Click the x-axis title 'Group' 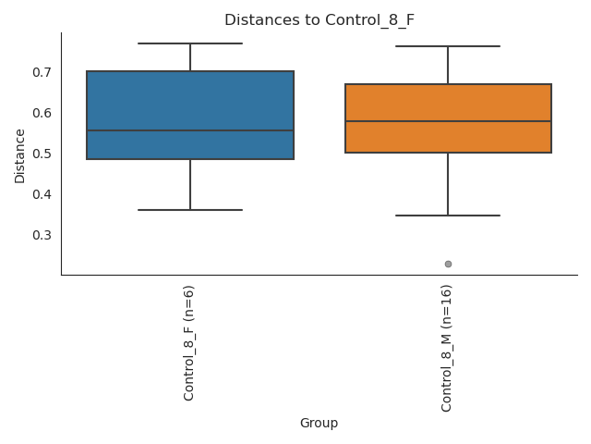click(319, 424)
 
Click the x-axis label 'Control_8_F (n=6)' click(189, 343)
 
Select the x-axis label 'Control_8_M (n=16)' click(447, 348)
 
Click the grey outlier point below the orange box click(448, 264)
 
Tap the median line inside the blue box click(190, 130)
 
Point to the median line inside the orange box click(448, 121)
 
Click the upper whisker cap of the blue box click(190, 43)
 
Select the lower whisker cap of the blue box click(190, 210)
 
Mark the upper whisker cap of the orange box click(448, 46)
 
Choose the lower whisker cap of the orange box click(448, 216)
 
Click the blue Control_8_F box click(190, 102)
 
